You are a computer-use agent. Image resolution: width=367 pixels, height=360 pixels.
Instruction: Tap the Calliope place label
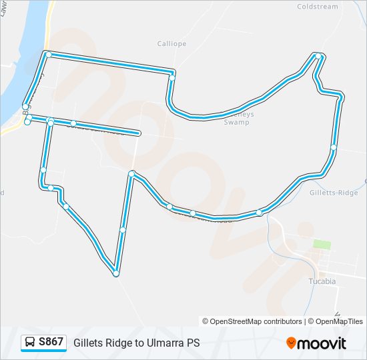[171, 44]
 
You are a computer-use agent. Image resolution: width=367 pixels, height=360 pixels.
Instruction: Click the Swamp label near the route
[236, 122]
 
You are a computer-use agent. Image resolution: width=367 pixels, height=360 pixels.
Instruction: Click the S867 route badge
[51, 342]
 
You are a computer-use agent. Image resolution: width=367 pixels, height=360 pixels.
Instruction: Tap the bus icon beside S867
[30, 343]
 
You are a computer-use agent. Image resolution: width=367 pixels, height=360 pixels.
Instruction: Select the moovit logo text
[322, 343]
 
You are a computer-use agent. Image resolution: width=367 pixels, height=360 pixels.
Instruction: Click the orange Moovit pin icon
[291, 343]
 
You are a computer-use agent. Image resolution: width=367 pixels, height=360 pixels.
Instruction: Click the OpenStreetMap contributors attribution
[252, 321]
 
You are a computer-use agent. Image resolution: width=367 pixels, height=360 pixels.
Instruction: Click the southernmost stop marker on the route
[116, 273]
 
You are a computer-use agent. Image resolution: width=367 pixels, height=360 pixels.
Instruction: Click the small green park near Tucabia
[322, 245]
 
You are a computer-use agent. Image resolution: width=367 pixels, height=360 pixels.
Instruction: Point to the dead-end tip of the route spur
[138, 133]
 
